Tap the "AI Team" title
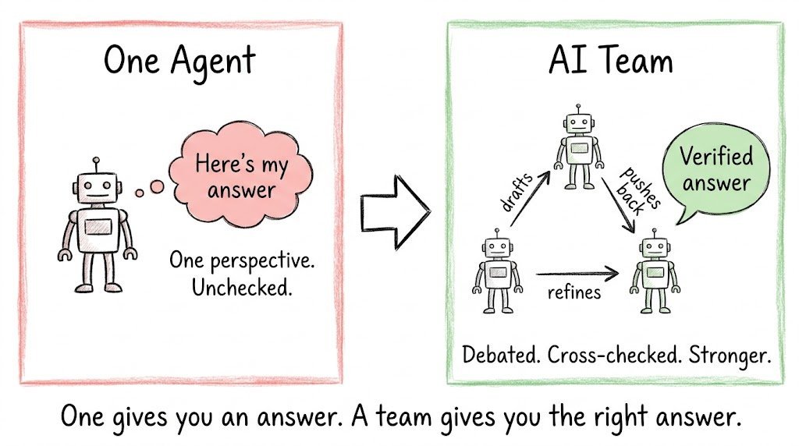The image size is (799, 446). [x=610, y=60]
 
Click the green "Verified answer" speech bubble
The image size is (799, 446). [x=716, y=171]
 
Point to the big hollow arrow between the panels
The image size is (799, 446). [x=396, y=212]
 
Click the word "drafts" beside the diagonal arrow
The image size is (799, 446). [x=517, y=192]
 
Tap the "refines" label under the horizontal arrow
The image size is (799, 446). [x=574, y=292]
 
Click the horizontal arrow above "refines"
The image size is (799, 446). [x=577, y=274]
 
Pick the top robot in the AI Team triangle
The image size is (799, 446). [x=578, y=147]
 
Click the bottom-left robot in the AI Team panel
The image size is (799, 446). [x=497, y=271]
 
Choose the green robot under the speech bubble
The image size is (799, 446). [x=655, y=271]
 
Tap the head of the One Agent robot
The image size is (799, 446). [x=97, y=186]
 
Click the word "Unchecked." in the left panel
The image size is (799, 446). [x=242, y=288]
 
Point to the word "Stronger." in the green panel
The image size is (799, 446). [x=730, y=356]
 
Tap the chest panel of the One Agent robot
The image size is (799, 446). [x=98, y=227]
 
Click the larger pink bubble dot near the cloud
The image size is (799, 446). [x=157, y=187]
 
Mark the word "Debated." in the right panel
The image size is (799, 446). [x=502, y=355]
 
